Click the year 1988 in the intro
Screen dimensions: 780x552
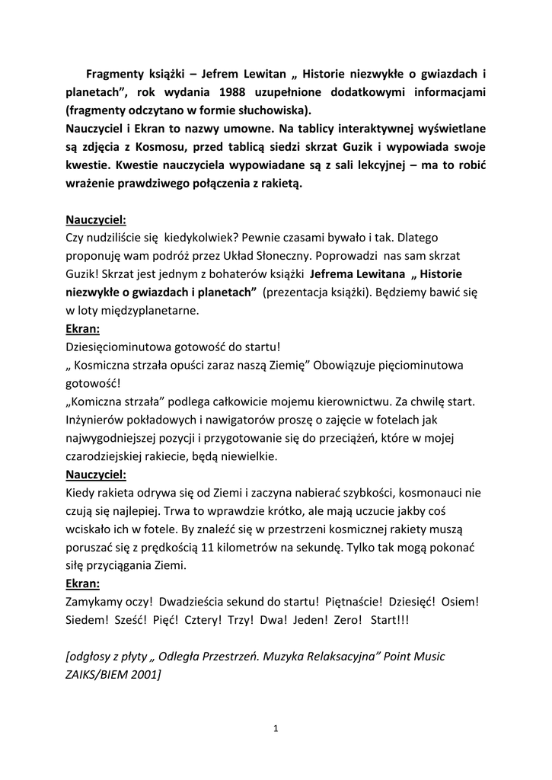point(223,91)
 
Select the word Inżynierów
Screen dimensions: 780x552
point(96,420)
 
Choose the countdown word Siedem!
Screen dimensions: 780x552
point(88,621)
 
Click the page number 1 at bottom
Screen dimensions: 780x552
point(276,729)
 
